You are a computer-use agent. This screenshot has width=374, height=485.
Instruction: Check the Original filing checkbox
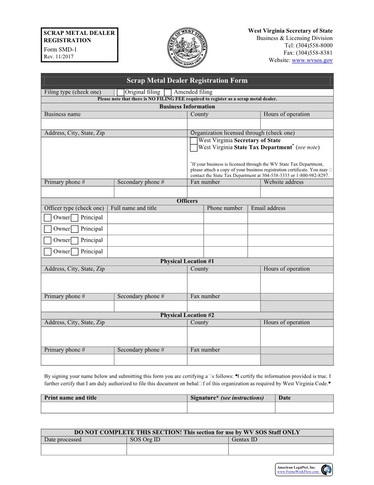pos(121,92)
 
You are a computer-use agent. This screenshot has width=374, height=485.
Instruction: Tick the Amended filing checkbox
pos(168,92)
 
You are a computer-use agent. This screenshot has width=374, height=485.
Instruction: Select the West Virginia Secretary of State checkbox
pos(194,141)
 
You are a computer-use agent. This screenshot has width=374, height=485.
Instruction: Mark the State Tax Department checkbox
pos(194,148)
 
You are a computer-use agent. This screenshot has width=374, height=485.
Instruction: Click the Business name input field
pos(114,124)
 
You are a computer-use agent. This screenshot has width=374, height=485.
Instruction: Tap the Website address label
pos(283,182)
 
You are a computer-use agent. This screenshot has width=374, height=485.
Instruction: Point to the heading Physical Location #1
pos(187,261)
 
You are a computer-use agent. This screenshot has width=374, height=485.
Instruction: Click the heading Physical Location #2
pos(187,315)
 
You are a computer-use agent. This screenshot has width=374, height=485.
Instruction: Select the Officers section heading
pos(187,201)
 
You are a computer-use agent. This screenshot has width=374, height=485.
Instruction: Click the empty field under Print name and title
pos(114,407)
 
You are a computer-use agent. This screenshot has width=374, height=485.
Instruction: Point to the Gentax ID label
pos(244,440)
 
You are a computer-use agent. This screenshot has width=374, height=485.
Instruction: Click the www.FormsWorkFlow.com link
pos(297,472)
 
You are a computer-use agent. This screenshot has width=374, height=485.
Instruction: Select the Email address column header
pos(268,209)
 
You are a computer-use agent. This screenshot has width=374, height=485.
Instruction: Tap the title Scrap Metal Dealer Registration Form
pos(187,81)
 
